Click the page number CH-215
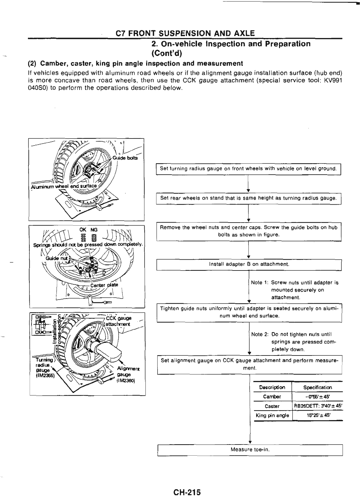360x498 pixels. [187, 483]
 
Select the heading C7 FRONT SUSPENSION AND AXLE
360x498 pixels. [185, 33]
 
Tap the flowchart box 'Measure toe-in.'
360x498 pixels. [250, 449]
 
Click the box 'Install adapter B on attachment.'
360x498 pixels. [249, 264]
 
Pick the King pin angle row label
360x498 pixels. [272, 415]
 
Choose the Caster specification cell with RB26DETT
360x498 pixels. [317, 406]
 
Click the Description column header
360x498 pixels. [272, 387]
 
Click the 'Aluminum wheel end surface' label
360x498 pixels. [63, 187]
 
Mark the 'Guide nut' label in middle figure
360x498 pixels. [54, 258]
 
